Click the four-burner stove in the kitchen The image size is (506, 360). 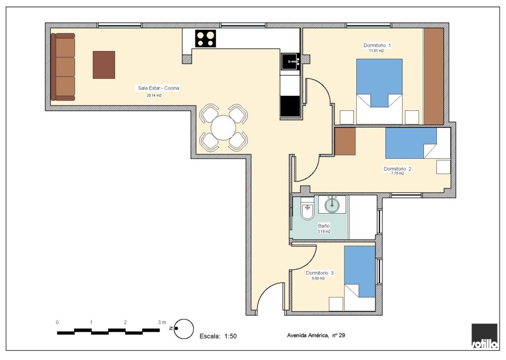[x=205, y=39]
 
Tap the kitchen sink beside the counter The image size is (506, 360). [x=290, y=61]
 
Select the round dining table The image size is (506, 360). [x=223, y=128]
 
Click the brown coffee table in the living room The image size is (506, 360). [x=104, y=65]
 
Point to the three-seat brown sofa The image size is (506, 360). [x=63, y=67]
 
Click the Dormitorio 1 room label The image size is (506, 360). [x=377, y=45]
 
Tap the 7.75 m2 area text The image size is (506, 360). [x=398, y=174]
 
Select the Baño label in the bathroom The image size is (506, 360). [x=324, y=226]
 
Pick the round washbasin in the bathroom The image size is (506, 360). [x=332, y=204]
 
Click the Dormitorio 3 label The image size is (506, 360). [x=320, y=273]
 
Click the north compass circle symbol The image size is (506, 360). [x=184, y=329]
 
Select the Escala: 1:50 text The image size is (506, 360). [x=218, y=336]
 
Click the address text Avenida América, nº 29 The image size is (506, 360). [x=316, y=335]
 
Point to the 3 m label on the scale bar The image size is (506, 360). [x=162, y=322]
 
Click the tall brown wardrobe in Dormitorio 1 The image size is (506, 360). [x=433, y=76]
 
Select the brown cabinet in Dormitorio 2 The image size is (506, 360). [x=345, y=141]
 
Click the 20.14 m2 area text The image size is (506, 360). [x=154, y=95]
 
